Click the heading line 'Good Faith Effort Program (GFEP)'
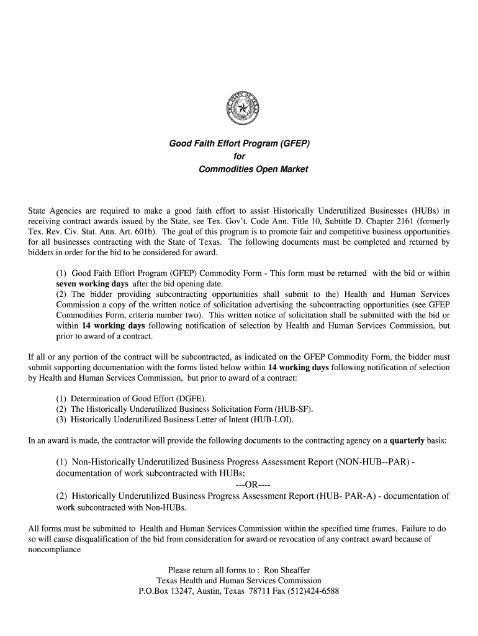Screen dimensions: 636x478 tap(239, 144)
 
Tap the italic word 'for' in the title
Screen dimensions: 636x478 tap(239, 157)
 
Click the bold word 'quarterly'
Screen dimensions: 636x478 tap(407, 441)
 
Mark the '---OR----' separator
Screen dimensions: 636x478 tap(253, 484)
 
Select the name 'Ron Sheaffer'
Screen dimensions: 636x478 tap(287, 570)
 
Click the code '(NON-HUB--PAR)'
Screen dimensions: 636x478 tap(371, 463)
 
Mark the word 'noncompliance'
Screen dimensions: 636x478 tap(55, 550)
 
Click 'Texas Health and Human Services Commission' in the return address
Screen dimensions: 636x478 tap(238, 580)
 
